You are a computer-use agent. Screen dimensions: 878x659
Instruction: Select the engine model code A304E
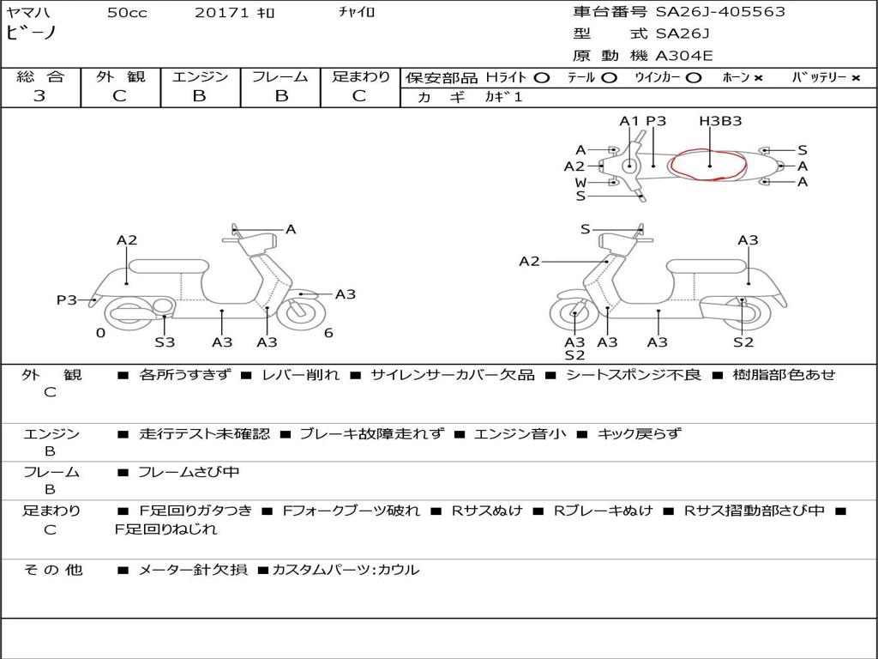click(683, 57)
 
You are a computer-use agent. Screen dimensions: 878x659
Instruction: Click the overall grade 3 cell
click(39, 95)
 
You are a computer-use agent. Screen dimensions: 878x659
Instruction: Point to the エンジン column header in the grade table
click(200, 77)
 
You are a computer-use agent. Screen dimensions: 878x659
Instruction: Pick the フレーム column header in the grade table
click(280, 77)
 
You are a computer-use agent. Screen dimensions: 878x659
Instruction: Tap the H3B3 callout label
click(720, 121)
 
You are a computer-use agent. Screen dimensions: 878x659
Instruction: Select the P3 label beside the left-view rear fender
click(67, 300)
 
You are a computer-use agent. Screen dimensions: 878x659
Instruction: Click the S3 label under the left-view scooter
click(165, 342)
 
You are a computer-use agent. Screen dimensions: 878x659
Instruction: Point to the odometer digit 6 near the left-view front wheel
click(328, 333)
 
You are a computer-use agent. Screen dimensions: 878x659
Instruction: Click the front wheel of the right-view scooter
click(574, 317)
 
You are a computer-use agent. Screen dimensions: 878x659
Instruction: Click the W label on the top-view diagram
click(580, 182)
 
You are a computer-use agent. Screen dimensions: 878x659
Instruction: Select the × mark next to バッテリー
click(856, 77)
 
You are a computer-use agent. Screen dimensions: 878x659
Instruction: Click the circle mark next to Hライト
click(541, 77)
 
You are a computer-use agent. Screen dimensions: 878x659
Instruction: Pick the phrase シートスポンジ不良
click(633, 374)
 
